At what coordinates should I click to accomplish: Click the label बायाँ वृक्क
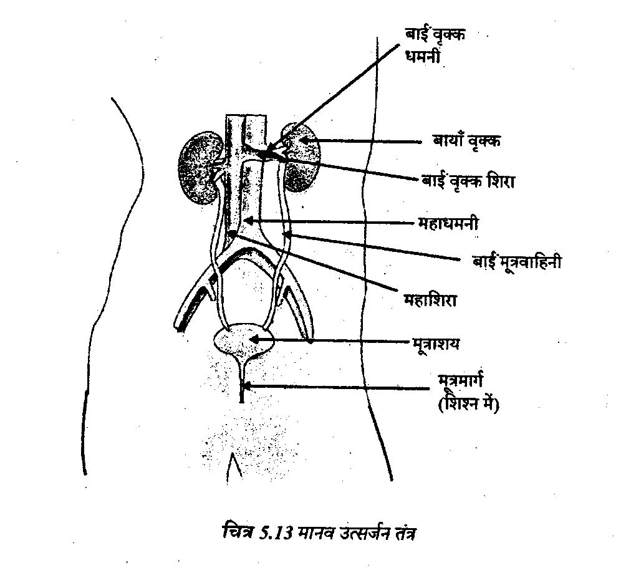468,142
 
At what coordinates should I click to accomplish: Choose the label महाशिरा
431,301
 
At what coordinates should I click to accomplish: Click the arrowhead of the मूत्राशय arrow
253,339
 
